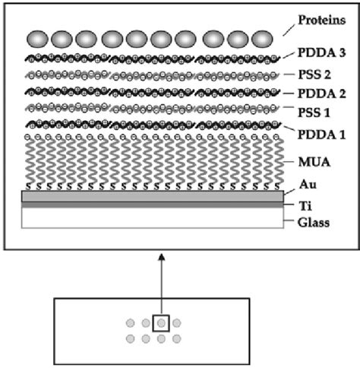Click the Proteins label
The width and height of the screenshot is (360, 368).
point(321,20)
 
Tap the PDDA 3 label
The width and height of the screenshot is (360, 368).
point(321,53)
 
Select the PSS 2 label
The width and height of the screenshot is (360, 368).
point(314,75)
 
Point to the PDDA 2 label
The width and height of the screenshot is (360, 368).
point(321,94)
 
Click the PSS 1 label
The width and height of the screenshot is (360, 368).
point(314,113)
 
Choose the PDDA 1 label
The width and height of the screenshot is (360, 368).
point(321,135)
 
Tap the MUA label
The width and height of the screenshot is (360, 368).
point(314,162)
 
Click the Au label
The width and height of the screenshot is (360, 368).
point(308,185)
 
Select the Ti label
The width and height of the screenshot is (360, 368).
point(305,206)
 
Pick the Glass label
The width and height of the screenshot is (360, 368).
point(314,223)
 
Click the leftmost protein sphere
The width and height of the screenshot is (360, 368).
point(37,39)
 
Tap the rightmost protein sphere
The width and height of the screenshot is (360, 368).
point(262,39)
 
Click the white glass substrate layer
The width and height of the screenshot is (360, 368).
point(153,218)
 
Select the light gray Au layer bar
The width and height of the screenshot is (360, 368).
point(153,196)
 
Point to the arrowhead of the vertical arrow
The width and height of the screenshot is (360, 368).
point(162,258)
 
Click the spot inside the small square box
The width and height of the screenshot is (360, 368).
point(161,323)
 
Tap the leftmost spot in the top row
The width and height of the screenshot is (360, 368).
point(131,323)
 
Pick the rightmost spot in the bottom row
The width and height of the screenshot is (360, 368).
point(177,338)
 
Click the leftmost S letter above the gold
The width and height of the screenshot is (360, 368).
point(28,187)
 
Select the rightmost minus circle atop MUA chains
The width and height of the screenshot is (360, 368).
point(276,138)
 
